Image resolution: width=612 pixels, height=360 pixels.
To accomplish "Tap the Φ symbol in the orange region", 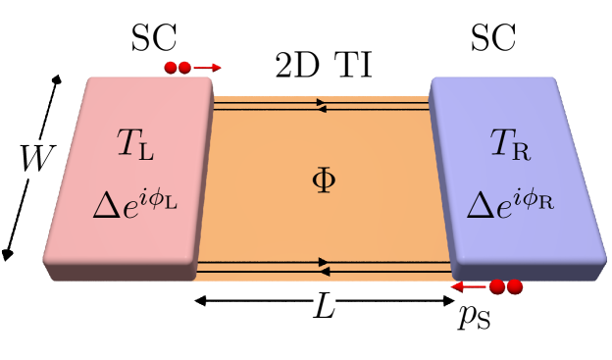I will pyautogui.click(x=323, y=182).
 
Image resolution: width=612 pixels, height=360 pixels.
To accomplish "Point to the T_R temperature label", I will pyautogui.click(x=510, y=149).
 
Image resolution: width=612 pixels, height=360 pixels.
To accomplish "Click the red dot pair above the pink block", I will pyautogui.click(x=178, y=68).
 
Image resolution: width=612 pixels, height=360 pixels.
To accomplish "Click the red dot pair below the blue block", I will pyautogui.click(x=506, y=287).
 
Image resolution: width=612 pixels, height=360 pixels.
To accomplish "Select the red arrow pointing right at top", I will pyautogui.click(x=207, y=68).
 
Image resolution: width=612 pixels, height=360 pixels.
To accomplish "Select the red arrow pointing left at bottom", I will pyautogui.click(x=468, y=287).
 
